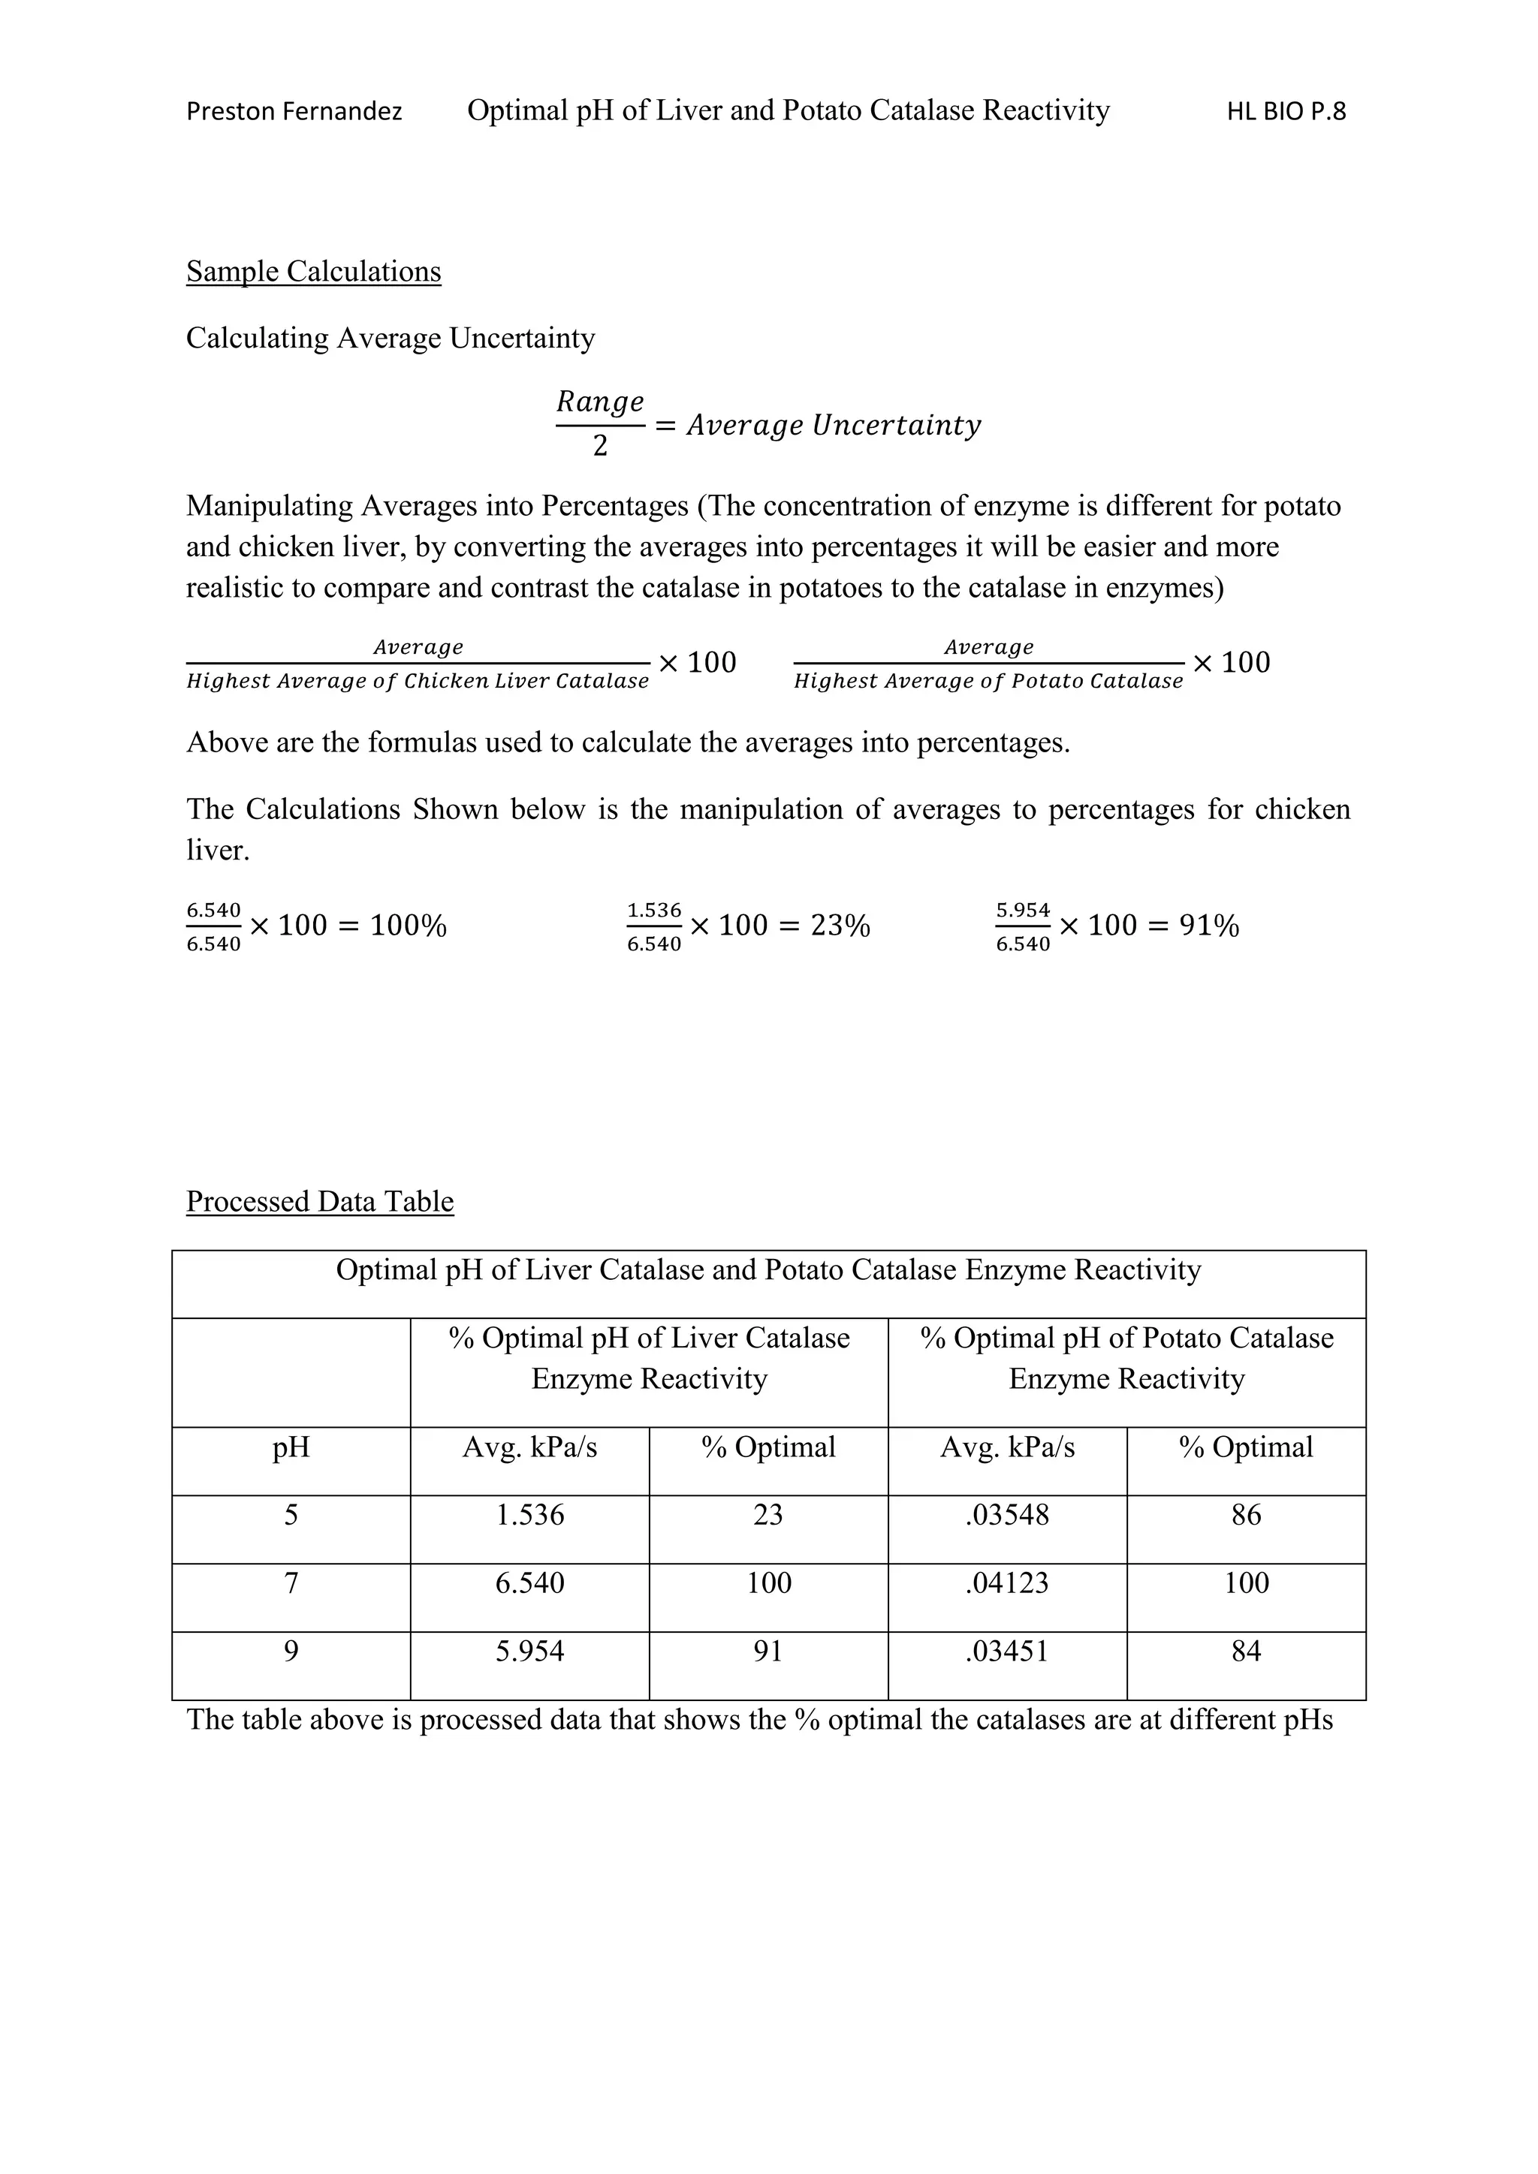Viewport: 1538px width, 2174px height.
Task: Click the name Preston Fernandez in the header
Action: point(294,112)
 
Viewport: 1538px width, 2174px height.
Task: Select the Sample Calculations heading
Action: point(313,272)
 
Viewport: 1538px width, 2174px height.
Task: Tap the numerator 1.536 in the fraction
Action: point(653,910)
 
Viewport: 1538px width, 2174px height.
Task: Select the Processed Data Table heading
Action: point(320,1202)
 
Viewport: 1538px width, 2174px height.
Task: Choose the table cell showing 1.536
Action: point(529,1515)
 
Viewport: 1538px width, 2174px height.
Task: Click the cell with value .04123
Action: point(1007,1583)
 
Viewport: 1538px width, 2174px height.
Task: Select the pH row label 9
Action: point(291,1652)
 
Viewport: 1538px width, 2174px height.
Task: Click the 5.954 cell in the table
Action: point(529,1652)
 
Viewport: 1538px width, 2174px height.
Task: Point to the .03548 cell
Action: point(1007,1515)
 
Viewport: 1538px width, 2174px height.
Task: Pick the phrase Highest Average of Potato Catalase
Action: point(988,681)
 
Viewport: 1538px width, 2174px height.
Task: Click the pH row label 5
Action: point(291,1515)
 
